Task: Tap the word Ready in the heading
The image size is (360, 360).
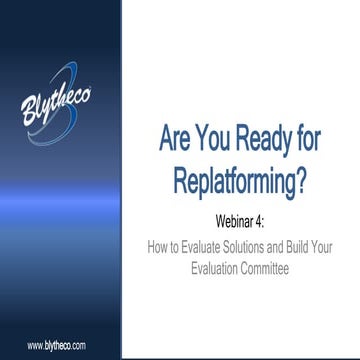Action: pyautogui.click(x=265, y=140)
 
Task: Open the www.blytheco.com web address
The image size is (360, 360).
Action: pyautogui.click(x=56, y=344)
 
